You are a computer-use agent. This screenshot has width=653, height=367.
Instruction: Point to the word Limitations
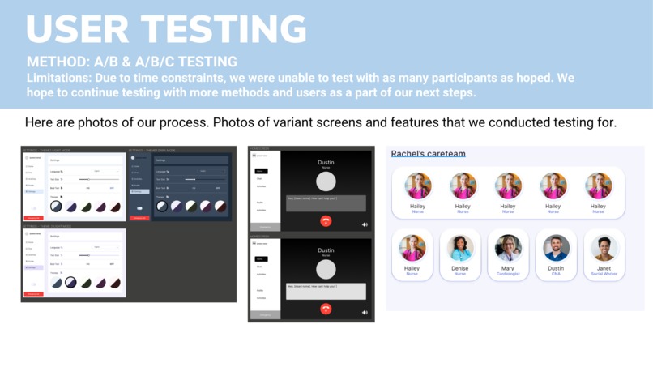pos(55,79)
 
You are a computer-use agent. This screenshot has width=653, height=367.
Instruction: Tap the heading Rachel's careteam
pos(428,154)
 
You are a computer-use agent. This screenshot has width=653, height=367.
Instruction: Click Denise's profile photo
pos(459,248)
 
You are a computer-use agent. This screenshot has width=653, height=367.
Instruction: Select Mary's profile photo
pos(508,248)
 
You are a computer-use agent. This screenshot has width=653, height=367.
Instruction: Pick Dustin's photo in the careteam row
pos(556,248)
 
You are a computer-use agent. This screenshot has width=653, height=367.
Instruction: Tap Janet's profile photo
pos(604,248)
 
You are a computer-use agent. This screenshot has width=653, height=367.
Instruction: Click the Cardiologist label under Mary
pos(508,274)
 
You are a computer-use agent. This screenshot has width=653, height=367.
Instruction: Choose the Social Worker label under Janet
pos(604,274)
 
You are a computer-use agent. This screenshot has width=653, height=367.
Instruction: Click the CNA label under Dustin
pos(556,274)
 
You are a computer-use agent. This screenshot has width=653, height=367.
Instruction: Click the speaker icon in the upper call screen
pos(365,224)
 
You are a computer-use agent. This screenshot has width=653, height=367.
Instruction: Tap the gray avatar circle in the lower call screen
pos(326,269)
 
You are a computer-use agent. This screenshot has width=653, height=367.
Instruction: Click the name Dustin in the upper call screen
pos(326,163)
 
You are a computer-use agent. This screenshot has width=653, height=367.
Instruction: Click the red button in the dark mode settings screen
pos(139,218)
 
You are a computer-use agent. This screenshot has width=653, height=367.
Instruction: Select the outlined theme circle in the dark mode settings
pos(162,207)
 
